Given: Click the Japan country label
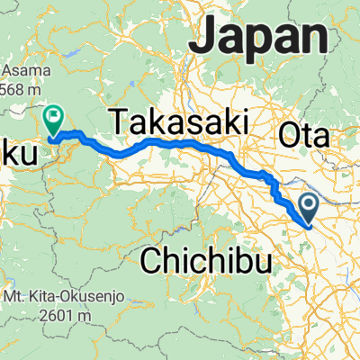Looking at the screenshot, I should pos(262,38).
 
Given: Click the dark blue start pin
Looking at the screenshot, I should pos(309,208).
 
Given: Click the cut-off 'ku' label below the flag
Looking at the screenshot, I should pos(18,156).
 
